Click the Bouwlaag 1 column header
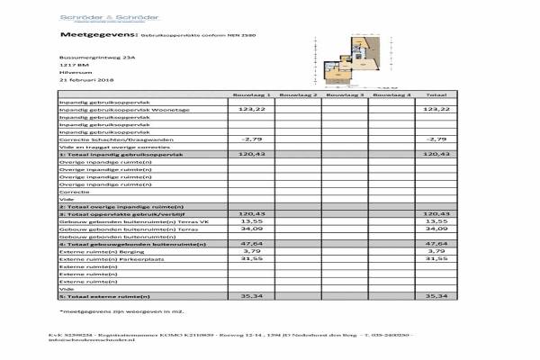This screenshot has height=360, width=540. click(250, 94)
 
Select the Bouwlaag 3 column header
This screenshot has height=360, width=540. click(345, 94)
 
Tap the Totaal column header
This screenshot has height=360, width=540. click(436, 94)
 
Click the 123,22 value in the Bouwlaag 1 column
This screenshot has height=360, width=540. click(250, 109)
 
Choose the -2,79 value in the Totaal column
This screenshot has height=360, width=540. click(436, 139)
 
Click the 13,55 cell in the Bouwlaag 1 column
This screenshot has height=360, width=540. click(250, 220)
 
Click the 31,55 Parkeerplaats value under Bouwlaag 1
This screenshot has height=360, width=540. click(250, 258)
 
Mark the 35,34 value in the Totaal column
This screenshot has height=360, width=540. click(436, 294)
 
